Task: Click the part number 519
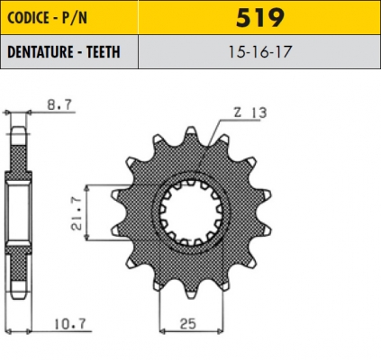click(x=260, y=18)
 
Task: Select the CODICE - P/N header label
click(x=47, y=18)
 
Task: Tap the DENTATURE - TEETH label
click(x=64, y=52)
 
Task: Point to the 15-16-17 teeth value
click(x=260, y=51)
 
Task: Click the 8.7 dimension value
click(x=59, y=104)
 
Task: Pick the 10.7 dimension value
click(x=70, y=324)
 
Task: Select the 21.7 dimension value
click(x=77, y=213)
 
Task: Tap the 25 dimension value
click(x=188, y=324)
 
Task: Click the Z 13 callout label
click(x=250, y=112)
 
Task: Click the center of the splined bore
click(x=191, y=212)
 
